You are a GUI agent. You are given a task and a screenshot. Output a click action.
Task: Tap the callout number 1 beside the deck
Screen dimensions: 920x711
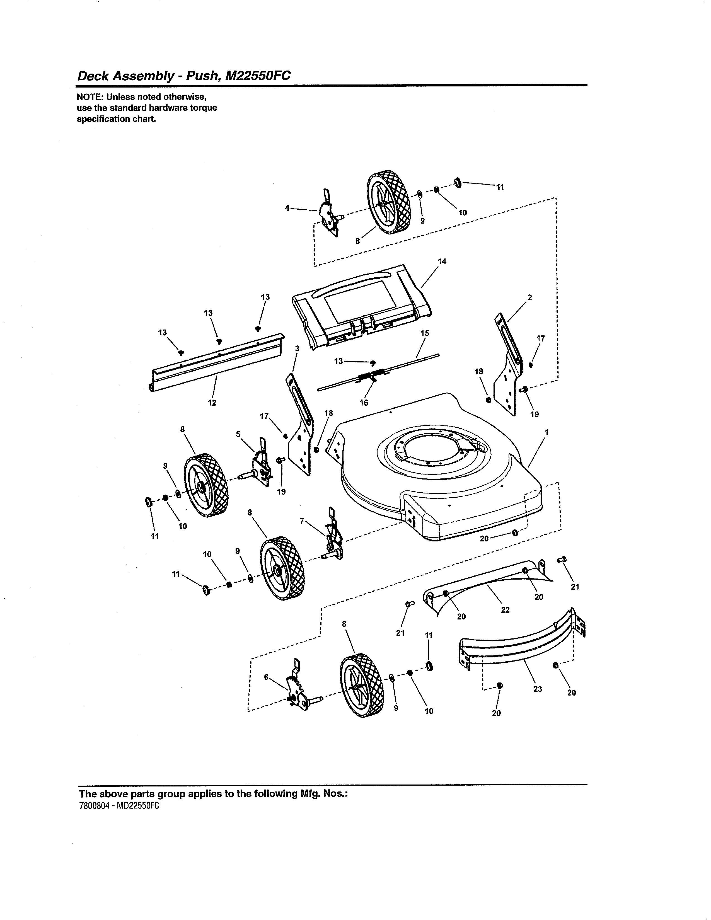click(547, 432)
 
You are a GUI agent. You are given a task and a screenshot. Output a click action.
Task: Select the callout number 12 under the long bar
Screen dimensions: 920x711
click(212, 403)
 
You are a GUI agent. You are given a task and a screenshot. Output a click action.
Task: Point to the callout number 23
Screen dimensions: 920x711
click(538, 689)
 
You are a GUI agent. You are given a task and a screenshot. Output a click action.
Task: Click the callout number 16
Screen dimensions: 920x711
click(364, 403)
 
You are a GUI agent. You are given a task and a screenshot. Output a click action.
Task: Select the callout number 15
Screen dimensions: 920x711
click(425, 333)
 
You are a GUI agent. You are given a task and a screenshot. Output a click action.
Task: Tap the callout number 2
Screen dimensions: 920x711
click(529, 297)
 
